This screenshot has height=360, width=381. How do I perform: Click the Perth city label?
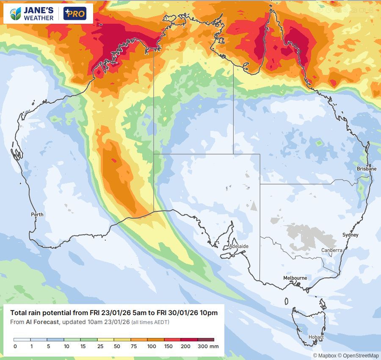(37, 215)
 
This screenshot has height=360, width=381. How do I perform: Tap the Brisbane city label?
(366, 169)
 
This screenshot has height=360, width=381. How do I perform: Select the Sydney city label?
(350, 235)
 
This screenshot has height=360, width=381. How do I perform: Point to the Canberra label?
(331, 250)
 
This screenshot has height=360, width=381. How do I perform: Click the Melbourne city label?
(295, 278)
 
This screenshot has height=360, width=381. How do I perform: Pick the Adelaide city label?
(238, 246)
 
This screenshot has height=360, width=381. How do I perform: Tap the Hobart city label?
(316, 338)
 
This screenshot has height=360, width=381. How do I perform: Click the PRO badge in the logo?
(75, 14)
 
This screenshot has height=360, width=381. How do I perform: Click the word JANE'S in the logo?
(39, 11)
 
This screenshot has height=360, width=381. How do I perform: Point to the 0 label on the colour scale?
(15, 346)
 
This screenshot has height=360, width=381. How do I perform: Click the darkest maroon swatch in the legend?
(206, 340)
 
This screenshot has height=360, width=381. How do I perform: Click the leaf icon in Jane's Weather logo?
(16, 14)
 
